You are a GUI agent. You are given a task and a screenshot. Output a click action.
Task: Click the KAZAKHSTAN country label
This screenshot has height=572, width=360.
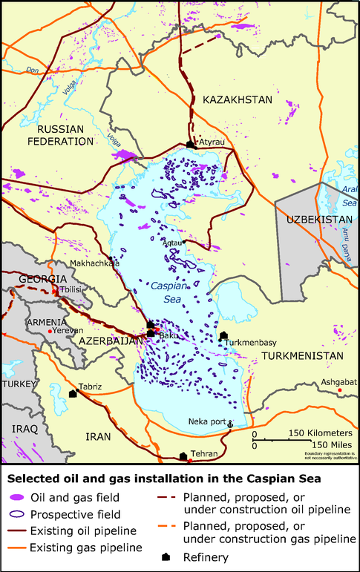click(x=238, y=99)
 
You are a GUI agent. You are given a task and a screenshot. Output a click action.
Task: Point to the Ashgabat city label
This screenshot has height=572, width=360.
click(x=338, y=382)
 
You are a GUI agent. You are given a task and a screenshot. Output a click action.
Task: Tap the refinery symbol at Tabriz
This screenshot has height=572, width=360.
click(x=73, y=394)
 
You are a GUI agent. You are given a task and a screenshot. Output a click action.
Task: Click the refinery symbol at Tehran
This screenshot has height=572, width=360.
click(x=183, y=456)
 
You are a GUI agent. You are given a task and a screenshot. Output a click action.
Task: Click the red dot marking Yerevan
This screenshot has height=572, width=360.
click(x=50, y=331)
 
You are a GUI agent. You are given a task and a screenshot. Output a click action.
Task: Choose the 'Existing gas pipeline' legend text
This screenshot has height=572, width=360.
click(x=86, y=548)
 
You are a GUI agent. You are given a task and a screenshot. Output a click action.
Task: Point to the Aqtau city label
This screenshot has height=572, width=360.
click(x=171, y=243)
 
